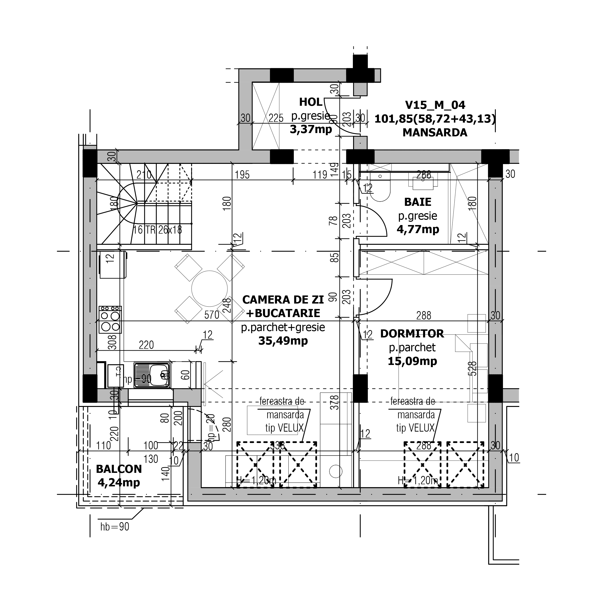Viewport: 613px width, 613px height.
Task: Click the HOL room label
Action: tap(311, 102)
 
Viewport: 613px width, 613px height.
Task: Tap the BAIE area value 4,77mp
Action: tap(418, 229)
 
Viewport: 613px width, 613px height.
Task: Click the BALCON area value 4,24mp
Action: tap(119, 482)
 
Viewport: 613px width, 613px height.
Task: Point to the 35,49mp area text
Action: tap(283, 341)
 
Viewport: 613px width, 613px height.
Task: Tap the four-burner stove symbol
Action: tap(110, 320)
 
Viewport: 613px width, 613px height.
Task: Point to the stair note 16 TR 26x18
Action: tap(157, 230)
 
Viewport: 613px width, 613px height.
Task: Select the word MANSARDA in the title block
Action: tap(435, 133)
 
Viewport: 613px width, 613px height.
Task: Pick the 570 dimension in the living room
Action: tap(212, 315)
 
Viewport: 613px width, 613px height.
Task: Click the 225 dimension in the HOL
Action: tap(276, 118)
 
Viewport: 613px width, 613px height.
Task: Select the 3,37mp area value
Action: tap(311, 129)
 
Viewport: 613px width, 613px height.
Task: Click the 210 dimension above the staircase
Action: tap(144, 175)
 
